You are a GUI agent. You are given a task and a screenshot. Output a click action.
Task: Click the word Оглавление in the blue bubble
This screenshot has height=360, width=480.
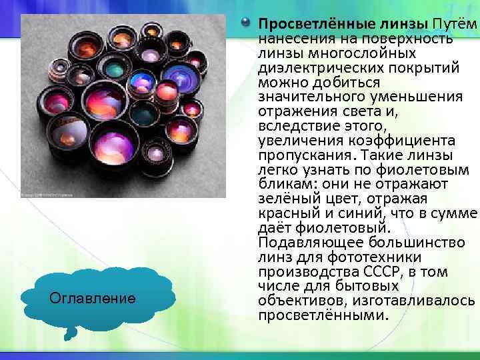point(93,298)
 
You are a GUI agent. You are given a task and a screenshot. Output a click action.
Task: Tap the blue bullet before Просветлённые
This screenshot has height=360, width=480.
point(248,24)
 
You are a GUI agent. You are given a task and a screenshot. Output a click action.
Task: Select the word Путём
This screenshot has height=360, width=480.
point(456,24)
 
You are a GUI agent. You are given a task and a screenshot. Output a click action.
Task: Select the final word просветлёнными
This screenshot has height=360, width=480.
point(321,316)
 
